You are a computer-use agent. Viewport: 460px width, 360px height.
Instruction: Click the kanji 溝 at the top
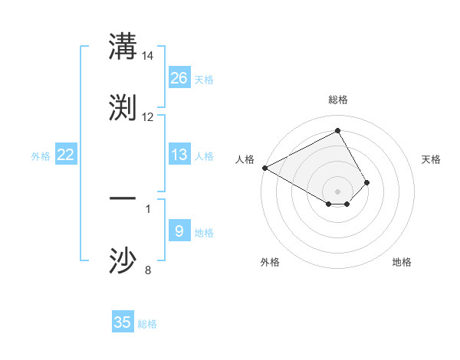click(x=123, y=48)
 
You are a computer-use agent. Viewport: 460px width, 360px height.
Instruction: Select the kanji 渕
click(x=123, y=108)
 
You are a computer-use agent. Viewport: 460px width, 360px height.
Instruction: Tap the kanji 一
click(x=123, y=198)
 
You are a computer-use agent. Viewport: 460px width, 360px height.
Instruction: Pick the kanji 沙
click(x=123, y=260)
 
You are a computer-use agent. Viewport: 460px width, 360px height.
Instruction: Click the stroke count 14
click(x=148, y=56)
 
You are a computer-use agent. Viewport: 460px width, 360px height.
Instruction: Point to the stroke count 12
click(x=148, y=117)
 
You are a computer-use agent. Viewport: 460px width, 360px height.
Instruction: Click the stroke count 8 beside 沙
click(x=148, y=270)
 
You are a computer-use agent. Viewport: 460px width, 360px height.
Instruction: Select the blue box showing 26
click(x=179, y=78)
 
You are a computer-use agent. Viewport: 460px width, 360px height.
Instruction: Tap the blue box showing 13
click(x=179, y=155)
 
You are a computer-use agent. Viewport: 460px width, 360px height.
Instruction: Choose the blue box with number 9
click(x=179, y=231)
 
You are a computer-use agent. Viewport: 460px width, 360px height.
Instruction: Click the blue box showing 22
click(x=66, y=155)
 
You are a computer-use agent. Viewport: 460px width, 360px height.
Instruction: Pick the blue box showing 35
click(x=123, y=322)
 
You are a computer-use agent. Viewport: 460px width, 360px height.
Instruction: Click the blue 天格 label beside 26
click(x=204, y=79)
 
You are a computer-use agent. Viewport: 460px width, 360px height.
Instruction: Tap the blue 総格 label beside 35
click(x=147, y=323)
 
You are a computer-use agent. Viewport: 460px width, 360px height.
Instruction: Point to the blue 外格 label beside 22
click(x=41, y=155)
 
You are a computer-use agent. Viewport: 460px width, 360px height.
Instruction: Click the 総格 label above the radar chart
click(x=338, y=100)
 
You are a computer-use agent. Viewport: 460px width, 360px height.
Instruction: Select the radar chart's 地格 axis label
click(x=402, y=262)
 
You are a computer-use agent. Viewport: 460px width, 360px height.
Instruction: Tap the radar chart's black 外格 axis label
click(x=270, y=262)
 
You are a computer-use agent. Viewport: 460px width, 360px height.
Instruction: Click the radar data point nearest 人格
click(x=264, y=168)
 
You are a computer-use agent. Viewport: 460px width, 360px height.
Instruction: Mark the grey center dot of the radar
click(x=338, y=191)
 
